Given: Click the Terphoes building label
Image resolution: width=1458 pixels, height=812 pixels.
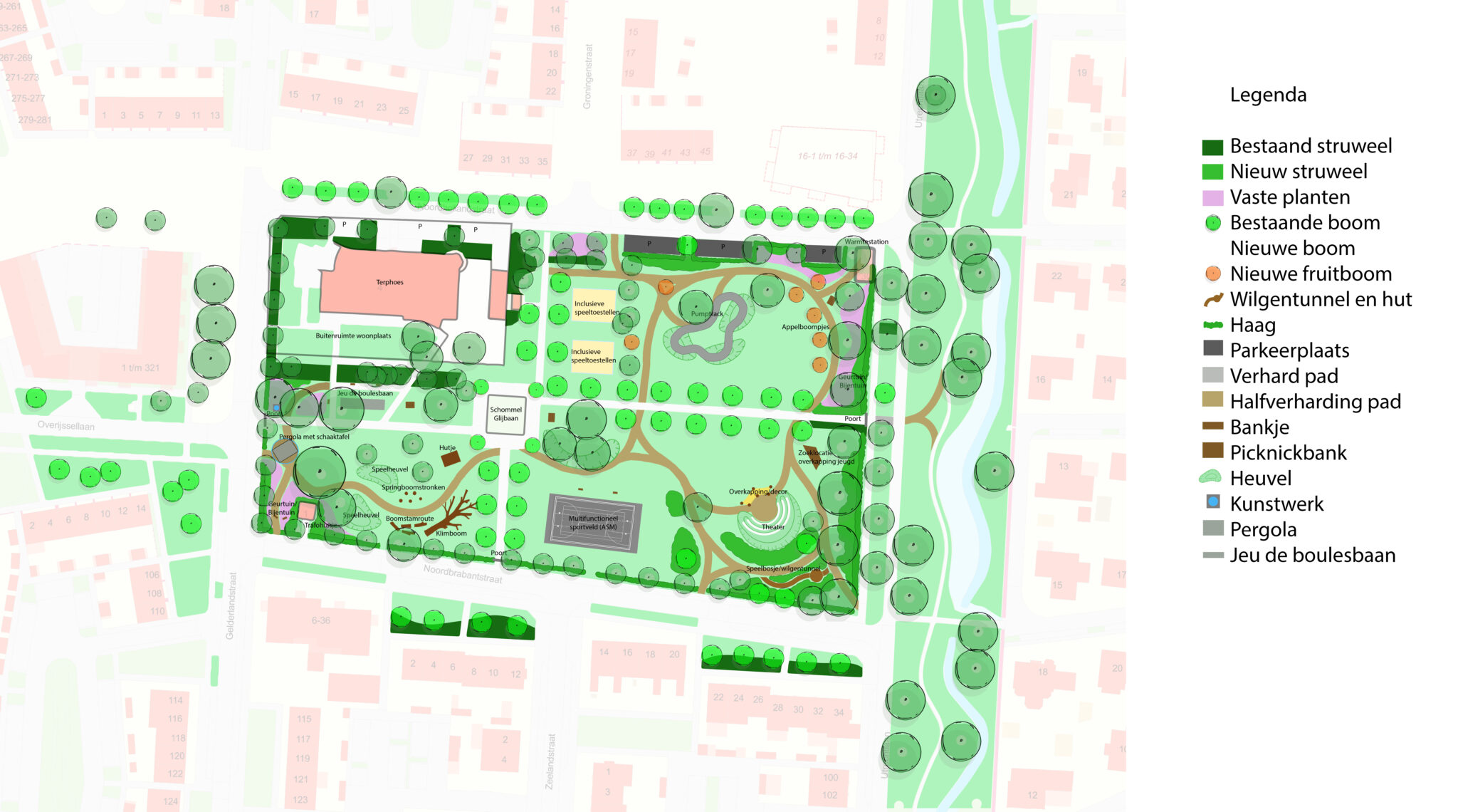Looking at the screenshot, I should [389, 282].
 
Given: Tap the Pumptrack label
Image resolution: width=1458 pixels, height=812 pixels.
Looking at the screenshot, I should [706, 313].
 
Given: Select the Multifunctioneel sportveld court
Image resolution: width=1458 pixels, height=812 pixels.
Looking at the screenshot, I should [594, 523].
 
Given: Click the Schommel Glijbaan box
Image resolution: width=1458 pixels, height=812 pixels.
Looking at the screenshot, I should [506, 414].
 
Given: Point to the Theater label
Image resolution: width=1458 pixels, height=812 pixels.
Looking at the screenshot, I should [773, 527].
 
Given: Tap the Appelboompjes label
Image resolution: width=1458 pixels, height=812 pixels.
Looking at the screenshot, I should [805, 327].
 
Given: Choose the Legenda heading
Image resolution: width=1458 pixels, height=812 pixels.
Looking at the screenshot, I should [1268, 95].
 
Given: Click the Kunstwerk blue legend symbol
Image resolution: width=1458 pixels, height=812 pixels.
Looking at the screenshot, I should [1213, 502].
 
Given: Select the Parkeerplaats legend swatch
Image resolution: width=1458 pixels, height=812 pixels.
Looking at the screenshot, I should [1212, 349].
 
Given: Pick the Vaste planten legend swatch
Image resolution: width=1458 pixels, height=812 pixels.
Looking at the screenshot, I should [1212, 197].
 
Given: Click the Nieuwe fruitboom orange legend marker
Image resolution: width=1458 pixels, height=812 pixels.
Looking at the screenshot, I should [1212, 274].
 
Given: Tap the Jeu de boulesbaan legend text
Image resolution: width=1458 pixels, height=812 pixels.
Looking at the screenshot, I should [1312, 555].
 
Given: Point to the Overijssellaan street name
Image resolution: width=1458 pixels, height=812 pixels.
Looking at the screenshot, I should [66, 425].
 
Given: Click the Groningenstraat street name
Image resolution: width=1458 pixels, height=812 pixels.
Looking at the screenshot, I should [587, 76].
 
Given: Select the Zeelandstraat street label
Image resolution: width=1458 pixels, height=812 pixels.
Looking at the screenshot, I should [550, 761].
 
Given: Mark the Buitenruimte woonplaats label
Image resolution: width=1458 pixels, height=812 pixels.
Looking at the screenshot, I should [353, 335].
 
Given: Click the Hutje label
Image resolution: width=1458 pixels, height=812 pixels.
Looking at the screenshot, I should [447, 448].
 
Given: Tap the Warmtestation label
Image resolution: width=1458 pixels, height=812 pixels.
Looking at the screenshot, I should [866, 241].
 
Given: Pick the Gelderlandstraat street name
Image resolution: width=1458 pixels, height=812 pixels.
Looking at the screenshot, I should [230, 605].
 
